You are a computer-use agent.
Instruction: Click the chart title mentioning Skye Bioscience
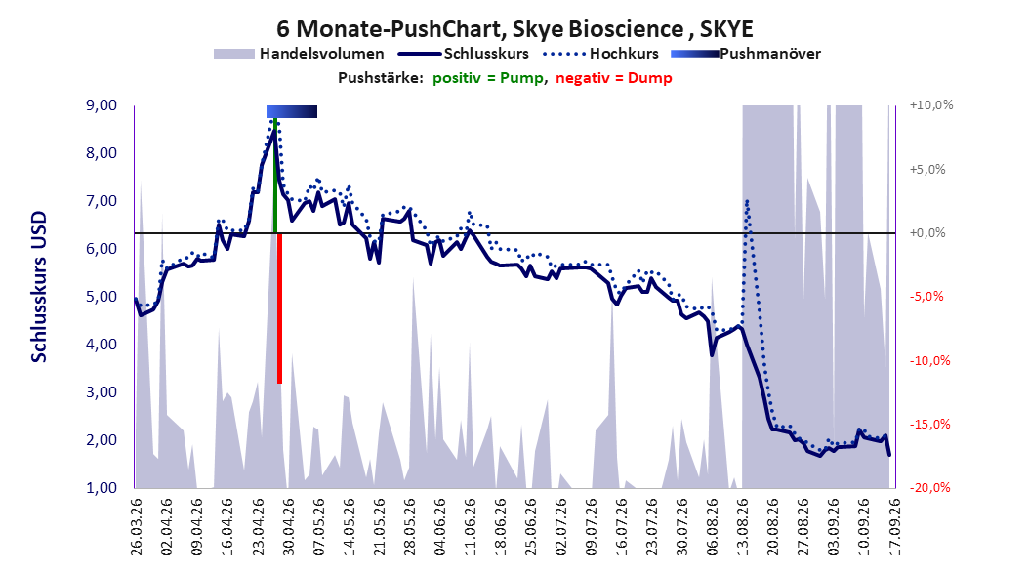(514, 29)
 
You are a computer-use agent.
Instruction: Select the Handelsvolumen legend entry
(299, 54)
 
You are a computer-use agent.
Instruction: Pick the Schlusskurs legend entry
(464, 54)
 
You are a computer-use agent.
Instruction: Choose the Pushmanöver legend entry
(746, 54)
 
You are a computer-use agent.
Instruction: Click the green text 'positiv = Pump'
(488, 78)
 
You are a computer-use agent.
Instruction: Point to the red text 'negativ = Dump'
(614, 78)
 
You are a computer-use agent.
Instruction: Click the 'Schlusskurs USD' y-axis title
(39, 287)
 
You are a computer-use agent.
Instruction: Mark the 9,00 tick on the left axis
(102, 105)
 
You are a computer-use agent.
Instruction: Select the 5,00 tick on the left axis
(102, 297)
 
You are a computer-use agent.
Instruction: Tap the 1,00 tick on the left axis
(102, 487)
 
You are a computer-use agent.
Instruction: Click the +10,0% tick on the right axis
(931, 105)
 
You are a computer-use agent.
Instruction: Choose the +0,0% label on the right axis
(927, 233)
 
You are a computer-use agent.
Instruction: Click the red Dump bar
(279, 308)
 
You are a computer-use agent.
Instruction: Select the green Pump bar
(275, 175)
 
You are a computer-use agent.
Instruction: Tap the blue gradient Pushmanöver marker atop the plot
(291, 111)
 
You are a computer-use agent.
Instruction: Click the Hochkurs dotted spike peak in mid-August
(747, 202)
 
